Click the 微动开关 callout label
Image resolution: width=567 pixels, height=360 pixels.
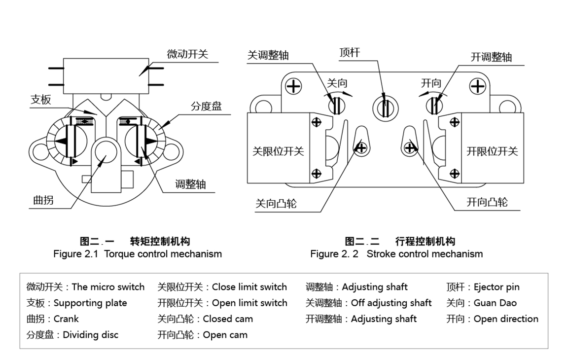point(187,54)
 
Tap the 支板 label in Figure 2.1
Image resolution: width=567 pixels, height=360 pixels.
point(41,99)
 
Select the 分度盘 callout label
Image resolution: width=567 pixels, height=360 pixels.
point(206,106)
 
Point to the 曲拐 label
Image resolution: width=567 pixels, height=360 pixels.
point(43,200)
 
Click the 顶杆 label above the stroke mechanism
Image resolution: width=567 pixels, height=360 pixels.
point(350,52)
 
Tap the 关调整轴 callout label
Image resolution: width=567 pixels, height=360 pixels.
point(268,55)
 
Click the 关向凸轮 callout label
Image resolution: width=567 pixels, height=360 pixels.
point(276,203)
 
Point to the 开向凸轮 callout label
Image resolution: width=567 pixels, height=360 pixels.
point(487,202)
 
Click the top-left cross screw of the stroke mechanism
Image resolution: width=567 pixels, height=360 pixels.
point(294,87)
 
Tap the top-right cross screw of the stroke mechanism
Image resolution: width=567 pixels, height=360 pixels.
point(477,87)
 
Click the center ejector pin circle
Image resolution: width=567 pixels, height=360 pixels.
point(385,106)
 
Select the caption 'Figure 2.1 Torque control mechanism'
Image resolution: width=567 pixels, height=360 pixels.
point(138,254)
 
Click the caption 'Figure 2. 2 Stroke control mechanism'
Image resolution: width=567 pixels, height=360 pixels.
point(396,254)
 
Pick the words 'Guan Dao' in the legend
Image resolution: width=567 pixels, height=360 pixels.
point(495,303)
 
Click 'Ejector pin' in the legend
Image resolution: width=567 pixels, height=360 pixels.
point(496,287)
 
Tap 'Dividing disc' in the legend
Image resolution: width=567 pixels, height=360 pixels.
point(91,335)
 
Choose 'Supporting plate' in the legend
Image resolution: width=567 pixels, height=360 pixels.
point(90,303)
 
